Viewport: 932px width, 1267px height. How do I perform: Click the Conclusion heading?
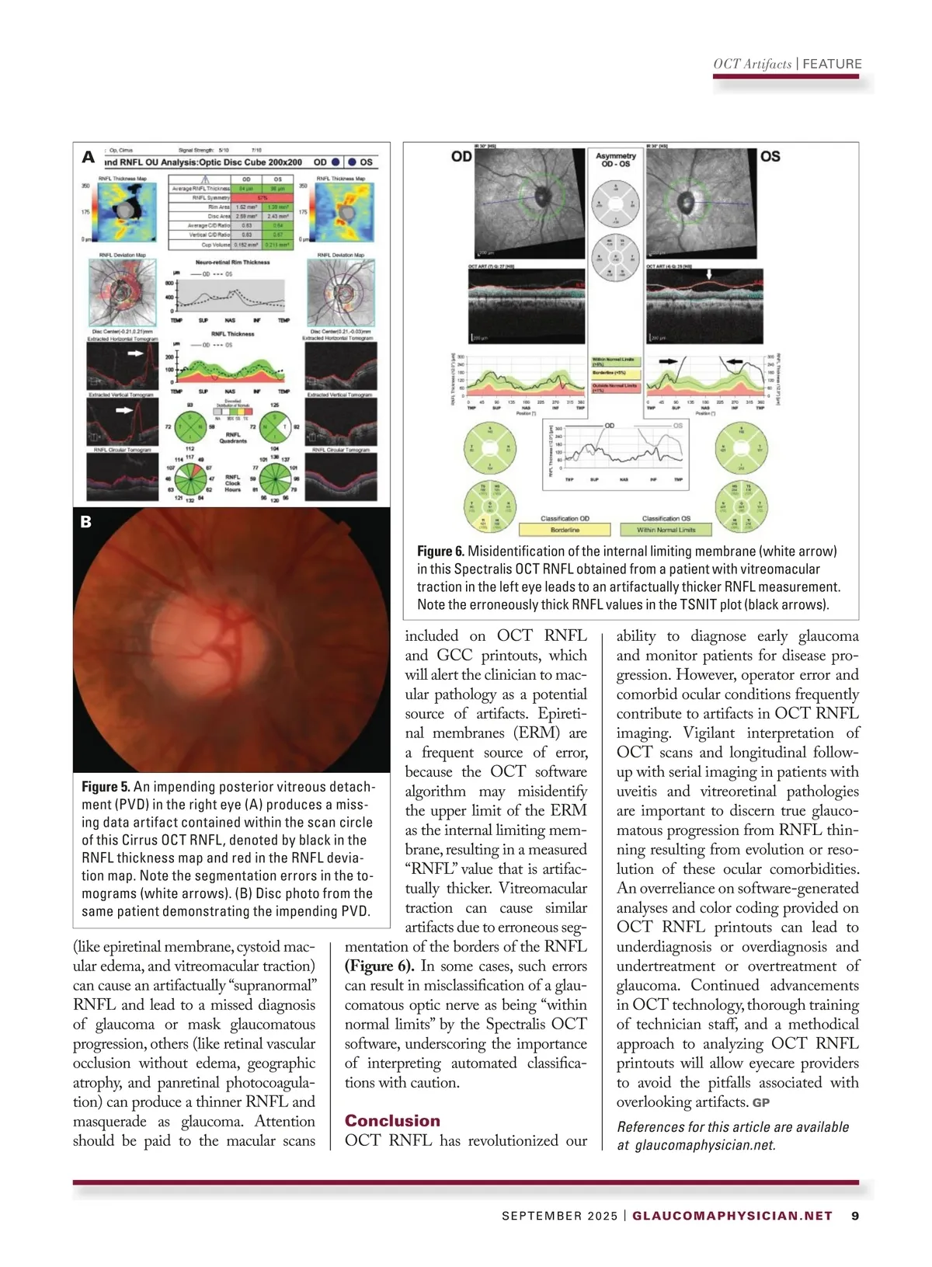(x=392, y=1120)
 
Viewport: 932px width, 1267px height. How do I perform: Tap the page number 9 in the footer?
(x=855, y=1216)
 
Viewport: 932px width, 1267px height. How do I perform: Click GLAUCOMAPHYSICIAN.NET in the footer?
(x=732, y=1216)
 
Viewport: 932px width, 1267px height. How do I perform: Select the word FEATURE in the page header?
(x=832, y=64)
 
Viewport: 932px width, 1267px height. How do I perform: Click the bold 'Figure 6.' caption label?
(x=440, y=551)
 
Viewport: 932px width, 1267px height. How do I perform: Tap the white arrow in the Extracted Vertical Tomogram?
(x=123, y=410)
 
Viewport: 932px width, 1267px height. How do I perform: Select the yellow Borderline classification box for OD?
(x=565, y=530)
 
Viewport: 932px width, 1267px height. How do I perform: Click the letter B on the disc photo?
(x=86, y=522)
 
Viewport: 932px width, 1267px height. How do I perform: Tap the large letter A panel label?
(x=89, y=158)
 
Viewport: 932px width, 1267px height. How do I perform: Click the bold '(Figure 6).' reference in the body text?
(x=379, y=966)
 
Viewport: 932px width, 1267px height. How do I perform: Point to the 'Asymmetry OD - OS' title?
(x=616, y=160)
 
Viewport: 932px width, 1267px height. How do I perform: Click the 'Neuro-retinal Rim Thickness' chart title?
(x=232, y=263)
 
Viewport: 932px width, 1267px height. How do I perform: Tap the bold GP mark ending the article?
(x=761, y=1102)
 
